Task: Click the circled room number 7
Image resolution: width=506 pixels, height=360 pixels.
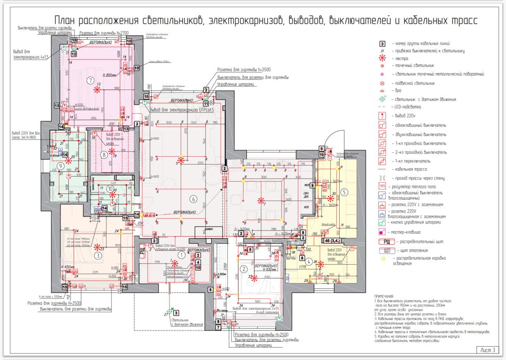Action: point(90,81)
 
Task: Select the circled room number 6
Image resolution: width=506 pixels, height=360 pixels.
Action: point(193,199)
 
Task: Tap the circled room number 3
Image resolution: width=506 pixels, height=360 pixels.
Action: point(98,256)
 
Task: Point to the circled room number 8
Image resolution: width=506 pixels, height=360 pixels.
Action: point(104,155)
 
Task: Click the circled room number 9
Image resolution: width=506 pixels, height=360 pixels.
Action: point(60,165)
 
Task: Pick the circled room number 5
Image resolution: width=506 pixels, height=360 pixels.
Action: point(344,192)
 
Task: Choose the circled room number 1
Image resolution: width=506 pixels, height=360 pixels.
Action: point(181,256)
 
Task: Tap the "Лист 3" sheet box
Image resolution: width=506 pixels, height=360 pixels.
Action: point(487,350)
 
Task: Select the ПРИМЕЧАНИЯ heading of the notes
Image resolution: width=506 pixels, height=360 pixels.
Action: point(384,296)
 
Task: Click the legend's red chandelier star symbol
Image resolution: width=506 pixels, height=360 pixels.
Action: point(382,59)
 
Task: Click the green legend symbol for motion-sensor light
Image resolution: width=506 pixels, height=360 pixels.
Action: point(382,99)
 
